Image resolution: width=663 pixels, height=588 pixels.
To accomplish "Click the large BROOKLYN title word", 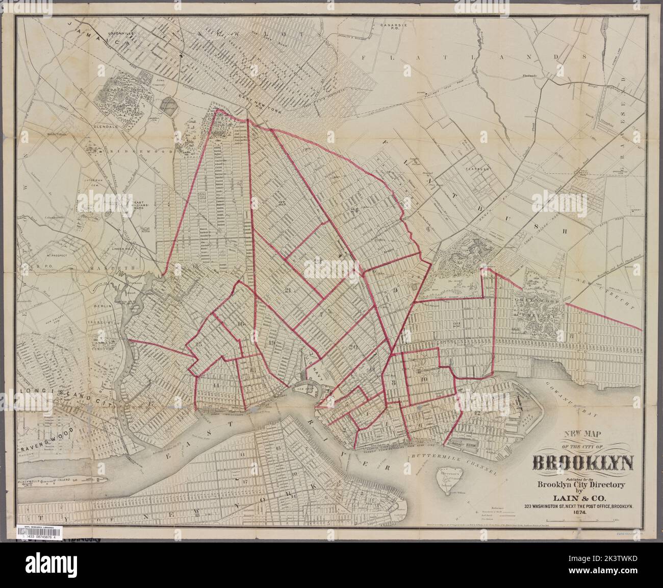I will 583,463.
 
